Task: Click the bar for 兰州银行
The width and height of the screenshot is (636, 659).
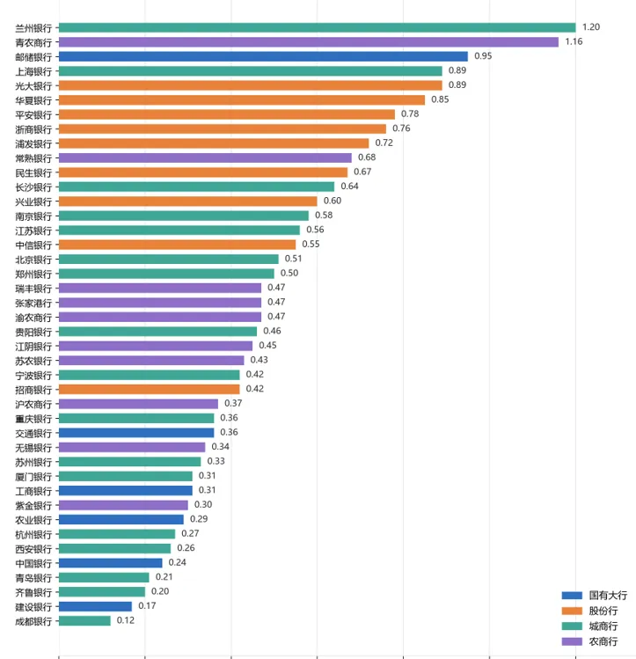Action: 318,28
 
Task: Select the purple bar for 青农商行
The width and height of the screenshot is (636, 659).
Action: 309,42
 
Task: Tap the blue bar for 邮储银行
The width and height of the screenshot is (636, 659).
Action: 263,56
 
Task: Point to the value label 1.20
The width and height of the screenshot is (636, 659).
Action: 591,27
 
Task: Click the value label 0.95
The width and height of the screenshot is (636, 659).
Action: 483,56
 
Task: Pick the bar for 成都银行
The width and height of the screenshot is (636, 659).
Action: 84,621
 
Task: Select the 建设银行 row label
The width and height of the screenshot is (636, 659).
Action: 33,607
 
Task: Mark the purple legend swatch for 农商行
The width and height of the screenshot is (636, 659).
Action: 572,641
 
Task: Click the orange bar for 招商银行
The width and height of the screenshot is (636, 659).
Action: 150,389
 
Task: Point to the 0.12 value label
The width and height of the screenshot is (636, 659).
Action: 126,620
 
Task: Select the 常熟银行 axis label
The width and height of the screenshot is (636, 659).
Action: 33,158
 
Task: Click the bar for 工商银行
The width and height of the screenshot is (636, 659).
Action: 126,490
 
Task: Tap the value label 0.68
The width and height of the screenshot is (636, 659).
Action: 367,157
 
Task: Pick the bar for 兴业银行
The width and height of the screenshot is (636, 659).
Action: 187,201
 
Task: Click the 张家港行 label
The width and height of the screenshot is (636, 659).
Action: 33,304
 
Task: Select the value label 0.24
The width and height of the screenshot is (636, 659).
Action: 178,562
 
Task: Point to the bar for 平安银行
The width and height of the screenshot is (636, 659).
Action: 227,114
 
